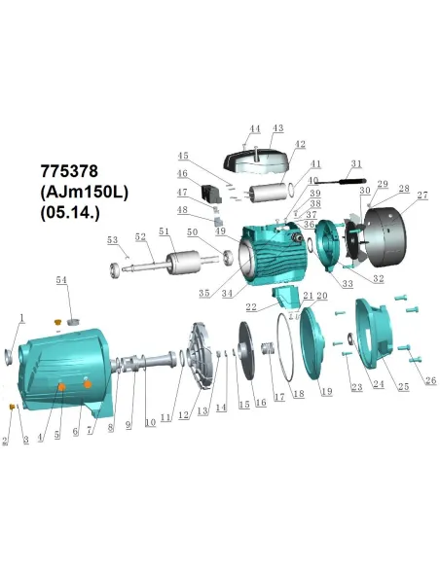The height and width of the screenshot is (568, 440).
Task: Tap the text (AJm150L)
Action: tap(83, 193)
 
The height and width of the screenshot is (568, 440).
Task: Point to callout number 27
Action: tap(422, 195)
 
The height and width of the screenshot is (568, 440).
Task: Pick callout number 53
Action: tap(112, 239)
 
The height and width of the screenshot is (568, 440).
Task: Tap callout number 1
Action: tap(20, 318)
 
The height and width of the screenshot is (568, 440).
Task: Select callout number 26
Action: tap(429, 379)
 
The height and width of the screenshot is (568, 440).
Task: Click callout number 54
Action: tap(63, 280)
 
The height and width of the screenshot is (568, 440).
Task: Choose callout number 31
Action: tap(355, 163)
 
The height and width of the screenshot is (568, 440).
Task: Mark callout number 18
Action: tap(298, 394)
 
